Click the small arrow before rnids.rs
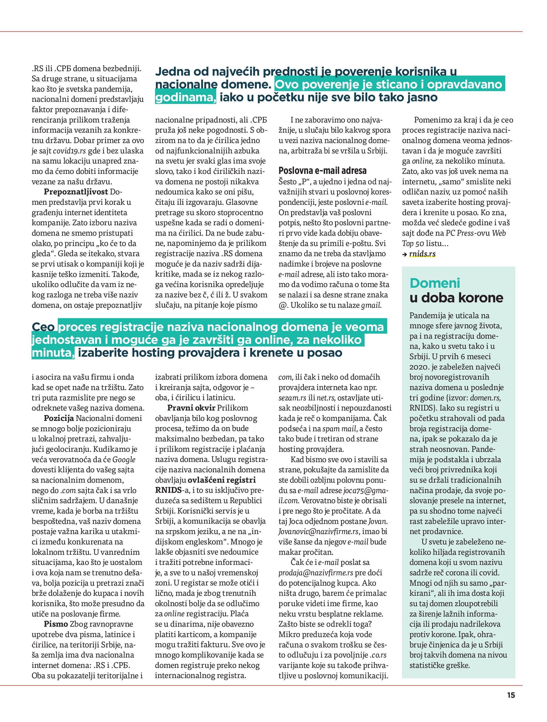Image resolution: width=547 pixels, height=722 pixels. click(x=405, y=254)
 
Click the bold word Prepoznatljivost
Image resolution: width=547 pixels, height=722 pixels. click(x=76, y=192)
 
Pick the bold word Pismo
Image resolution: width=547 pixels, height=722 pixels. click(x=56, y=624)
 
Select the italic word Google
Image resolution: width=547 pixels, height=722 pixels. click(x=124, y=460)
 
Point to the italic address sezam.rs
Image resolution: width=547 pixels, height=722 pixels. click(x=292, y=398)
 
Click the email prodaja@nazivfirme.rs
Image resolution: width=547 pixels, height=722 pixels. click(x=316, y=573)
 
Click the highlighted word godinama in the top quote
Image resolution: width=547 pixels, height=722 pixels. click(x=185, y=98)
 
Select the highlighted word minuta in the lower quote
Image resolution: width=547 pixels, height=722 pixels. click(x=53, y=353)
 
